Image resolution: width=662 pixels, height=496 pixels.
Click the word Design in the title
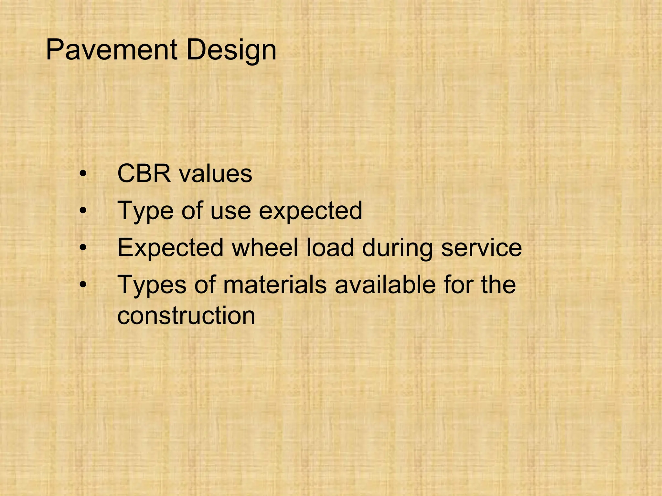(x=231, y=50)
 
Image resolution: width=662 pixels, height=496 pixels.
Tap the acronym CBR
(x=144, y=173)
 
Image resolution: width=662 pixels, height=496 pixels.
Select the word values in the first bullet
(x=216, y=174)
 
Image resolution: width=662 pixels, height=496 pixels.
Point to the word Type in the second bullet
(x=145, y=211)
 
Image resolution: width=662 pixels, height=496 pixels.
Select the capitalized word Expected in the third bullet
(x=170, y=248)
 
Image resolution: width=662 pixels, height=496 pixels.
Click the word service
(x=481, y=248)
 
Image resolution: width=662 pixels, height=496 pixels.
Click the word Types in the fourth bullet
(x=152, y=285)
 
